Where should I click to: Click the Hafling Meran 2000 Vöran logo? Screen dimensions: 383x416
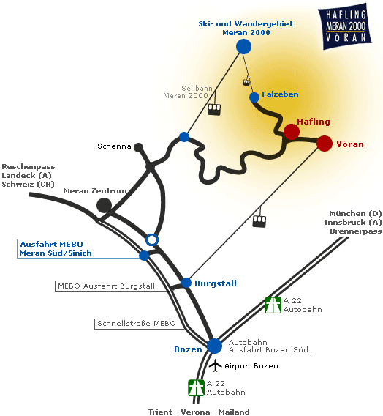(344, 26)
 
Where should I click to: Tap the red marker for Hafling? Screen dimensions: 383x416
(292, 132)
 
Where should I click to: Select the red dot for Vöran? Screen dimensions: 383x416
(325, 144)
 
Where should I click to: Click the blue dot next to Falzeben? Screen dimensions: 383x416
(254, 97)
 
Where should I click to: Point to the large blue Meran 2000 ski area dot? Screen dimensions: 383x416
(243, 46)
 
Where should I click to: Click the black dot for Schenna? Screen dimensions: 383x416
(138, 147)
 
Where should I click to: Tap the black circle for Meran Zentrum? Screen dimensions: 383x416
(105, 205)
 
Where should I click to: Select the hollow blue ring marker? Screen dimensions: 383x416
(151, 239)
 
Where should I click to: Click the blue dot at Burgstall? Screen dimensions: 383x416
(186, 283)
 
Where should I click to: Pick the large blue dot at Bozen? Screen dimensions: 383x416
(214, 346)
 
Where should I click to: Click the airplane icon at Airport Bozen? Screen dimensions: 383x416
(215, 365)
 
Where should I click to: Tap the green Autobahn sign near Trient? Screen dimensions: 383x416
(196, 388)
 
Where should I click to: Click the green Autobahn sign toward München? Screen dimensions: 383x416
(273, 305)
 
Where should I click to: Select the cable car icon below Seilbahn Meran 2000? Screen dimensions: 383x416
(214, 109)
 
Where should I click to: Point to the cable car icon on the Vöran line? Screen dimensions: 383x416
(259, 221)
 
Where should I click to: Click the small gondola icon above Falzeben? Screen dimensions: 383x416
(246, 83)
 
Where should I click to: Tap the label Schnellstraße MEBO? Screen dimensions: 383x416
(137, 324)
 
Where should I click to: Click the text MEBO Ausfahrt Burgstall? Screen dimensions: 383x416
(107, 286)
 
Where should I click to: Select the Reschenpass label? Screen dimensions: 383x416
(29, 166)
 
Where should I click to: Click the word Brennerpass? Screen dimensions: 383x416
(356, 231)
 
